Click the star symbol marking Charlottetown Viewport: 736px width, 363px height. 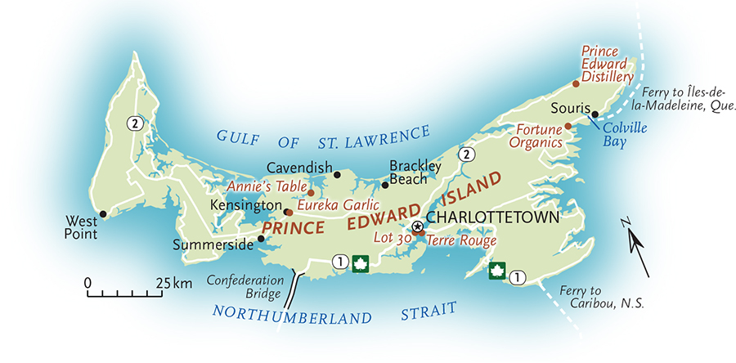[x=417, y=226]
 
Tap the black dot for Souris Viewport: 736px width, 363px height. [x=595, y=114]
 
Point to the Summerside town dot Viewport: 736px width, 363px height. [x=261, y=239]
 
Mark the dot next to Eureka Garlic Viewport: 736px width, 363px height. [x=310, y=193]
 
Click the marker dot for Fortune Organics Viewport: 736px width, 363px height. [x=568, y=127]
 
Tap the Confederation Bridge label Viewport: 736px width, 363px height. [x=245, y=285]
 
